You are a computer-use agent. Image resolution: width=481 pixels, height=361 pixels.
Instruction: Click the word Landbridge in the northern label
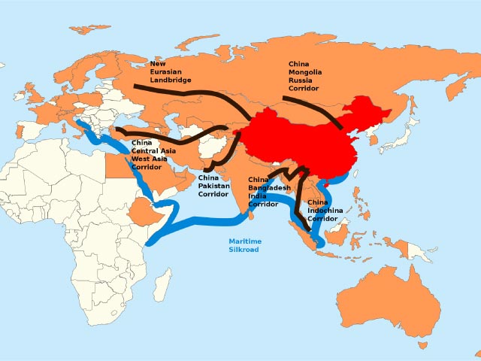tap(171, 80)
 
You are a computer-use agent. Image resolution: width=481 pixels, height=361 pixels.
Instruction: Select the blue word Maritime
tap(247, 241)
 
